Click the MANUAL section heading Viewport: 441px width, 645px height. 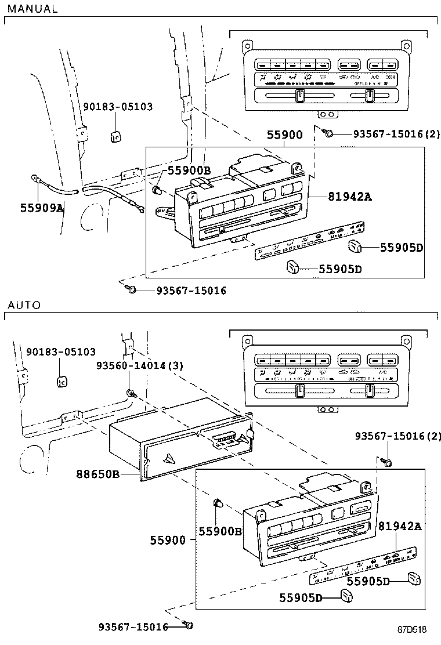(32, 9)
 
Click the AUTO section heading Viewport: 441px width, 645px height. (24, 305)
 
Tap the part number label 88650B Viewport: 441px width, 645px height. (97, 474)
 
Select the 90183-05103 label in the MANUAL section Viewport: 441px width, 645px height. (118, 107)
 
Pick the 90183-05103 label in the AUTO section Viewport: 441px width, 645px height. (61, 352)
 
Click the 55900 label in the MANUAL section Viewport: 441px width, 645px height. (284, 135)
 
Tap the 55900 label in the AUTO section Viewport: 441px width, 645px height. (168, 541)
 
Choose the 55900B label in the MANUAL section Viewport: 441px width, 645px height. (189, 170)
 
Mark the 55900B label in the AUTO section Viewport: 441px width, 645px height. (220, 531)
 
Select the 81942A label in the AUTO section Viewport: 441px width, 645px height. (400, 526)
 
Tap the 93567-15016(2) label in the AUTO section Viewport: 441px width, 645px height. (398, 436)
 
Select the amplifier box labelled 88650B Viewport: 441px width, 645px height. (174, 441)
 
